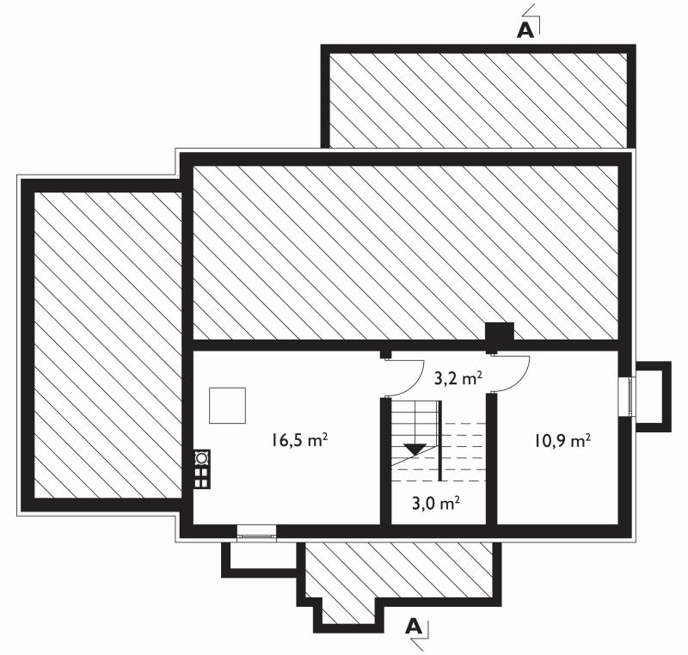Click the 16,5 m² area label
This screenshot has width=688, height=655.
pos(300,440)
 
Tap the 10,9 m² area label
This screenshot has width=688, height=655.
pos(562,440)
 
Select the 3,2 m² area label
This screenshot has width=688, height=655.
pos(458,377)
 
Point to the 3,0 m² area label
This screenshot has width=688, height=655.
pos(436,503)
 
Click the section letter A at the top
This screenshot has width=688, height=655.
pos(525,30)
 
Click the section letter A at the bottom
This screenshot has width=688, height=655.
pos(414,627)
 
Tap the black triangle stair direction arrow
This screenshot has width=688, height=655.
pos(415,450)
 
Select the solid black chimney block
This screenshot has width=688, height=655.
pos(499,336)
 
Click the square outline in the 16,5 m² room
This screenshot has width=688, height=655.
pos(227,405)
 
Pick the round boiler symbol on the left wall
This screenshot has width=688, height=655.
pos(201,457)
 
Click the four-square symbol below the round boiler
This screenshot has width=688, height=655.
pos(201,477)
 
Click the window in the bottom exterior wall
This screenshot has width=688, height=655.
pos(256,534)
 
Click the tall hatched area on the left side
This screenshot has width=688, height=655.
pos(107,345)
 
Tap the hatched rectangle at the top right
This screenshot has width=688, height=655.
pos(477,101)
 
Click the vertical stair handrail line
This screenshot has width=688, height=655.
pos(440,440)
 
